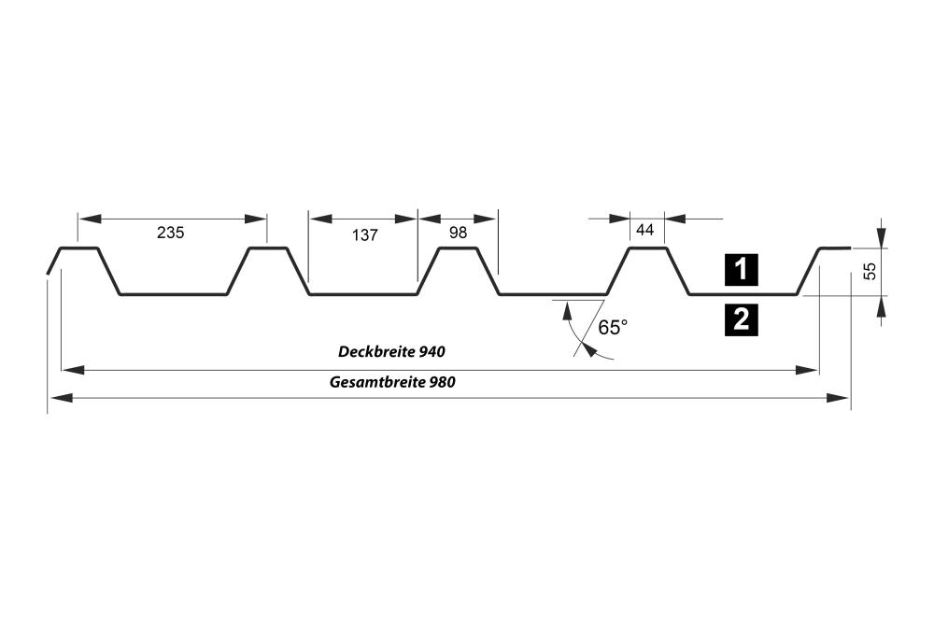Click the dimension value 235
170,234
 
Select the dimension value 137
365,234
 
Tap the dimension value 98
458,234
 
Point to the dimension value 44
644,230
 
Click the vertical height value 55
870,271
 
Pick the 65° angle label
613,328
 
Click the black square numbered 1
741,270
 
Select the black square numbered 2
741,320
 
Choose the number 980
443,382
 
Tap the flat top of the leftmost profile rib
79,248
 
